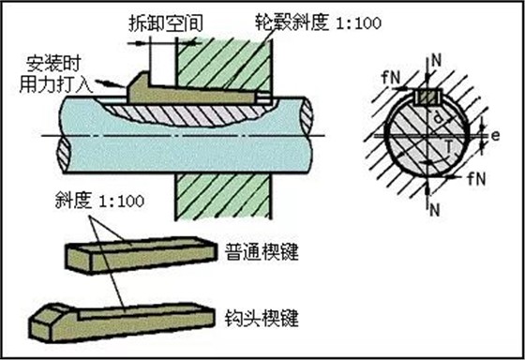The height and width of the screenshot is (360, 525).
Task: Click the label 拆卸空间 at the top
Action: click(166, 23)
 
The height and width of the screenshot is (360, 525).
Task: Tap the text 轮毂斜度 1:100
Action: click(318, 22)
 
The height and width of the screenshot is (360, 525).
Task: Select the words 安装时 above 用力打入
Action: click(53, 64)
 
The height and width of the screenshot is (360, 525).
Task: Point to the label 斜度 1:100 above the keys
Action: click(99, 201)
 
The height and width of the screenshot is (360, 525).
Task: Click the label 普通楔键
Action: click(262, 251)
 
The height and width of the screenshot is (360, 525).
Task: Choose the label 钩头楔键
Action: click(262, 318)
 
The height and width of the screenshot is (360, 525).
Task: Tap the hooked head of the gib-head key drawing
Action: click(53, 322)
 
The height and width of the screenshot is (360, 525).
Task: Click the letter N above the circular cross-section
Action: click(437, 61)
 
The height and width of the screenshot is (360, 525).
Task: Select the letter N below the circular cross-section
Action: click(434, 210)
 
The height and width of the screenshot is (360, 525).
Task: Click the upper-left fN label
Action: click(391, 78)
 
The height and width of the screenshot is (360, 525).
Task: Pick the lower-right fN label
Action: click(476, 179)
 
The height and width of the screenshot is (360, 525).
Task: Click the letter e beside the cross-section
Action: click(496, 136)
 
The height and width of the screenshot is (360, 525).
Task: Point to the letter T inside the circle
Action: click(450, 146)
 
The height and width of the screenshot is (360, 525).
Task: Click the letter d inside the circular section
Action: click(437, 117)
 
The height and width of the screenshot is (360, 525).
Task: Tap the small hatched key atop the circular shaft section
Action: click(428, 97)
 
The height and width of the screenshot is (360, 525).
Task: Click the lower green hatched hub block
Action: click(223, 196)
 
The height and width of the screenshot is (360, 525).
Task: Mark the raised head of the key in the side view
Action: click(138, 87)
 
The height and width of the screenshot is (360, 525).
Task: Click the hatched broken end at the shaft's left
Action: click(64, 155)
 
